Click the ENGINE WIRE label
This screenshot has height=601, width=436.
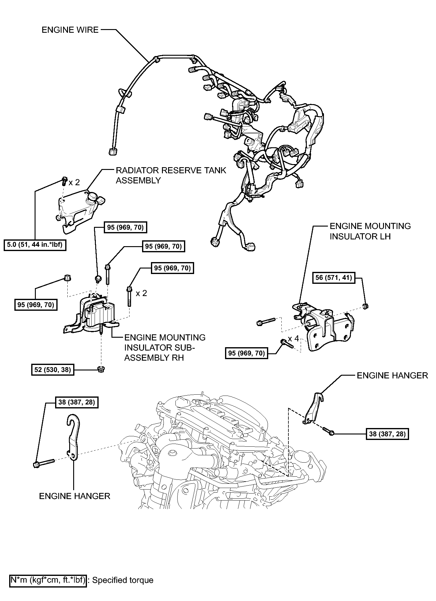70,30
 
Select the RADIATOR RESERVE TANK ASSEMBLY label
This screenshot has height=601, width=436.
171,175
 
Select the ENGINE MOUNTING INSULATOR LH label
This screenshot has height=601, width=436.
370,231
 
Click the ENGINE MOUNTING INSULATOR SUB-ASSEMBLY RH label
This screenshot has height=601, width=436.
165,347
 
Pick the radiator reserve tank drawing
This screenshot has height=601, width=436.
81,211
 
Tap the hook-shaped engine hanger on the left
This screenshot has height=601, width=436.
73,437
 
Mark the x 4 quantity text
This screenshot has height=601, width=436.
293,339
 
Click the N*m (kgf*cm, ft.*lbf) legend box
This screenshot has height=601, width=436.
48,580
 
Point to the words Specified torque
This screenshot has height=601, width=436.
123,580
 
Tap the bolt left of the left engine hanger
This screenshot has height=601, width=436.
43,463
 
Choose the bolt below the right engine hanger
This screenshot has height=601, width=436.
328,431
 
